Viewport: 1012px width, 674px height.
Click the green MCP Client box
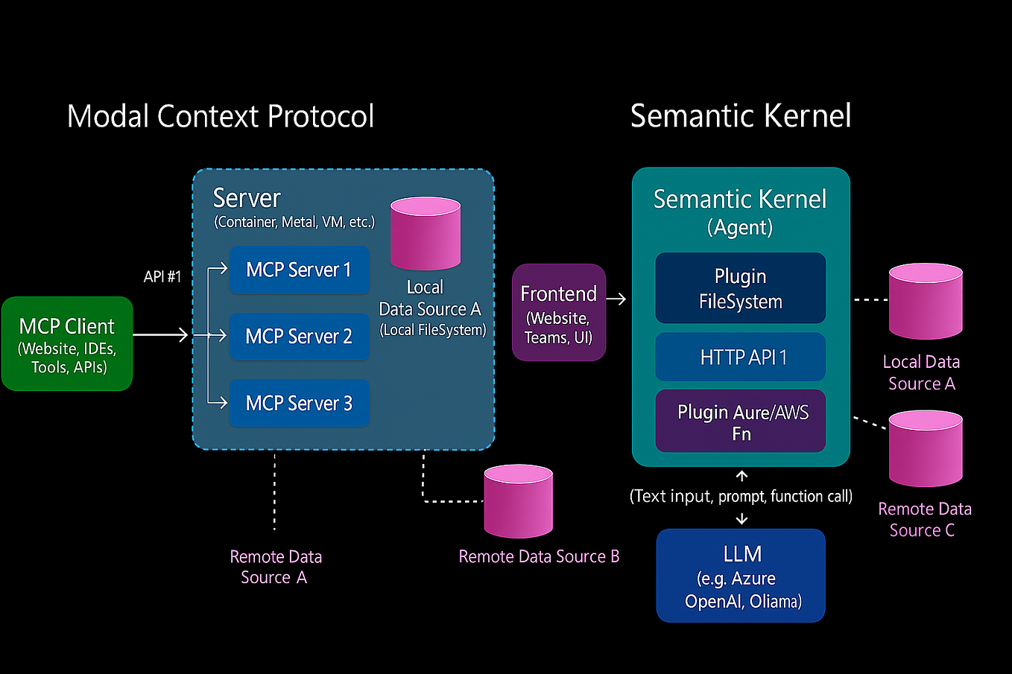tap(67, 343)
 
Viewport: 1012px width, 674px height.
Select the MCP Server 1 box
tap(299, 270)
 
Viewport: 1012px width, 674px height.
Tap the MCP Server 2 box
tap(299, 337)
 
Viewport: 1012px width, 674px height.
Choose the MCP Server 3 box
tap(299, 403)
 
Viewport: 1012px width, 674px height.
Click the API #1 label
tap(162, 276)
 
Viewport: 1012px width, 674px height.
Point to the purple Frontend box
tap(559, 312)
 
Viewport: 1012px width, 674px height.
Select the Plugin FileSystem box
tap(741, 288)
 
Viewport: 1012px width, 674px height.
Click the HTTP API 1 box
tap(741, 357)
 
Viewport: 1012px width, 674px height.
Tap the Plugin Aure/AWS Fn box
tap(741, 422)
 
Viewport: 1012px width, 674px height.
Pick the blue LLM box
tap(741, 576)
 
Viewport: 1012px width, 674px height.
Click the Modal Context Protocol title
tap(221, 116)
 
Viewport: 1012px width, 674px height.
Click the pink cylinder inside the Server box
tap(426, 233)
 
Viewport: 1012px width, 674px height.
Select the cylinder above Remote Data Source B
tap(519, 501)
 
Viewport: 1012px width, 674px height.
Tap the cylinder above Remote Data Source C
tap(926, 449)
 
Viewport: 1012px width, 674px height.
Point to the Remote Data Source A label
tap(276, 567)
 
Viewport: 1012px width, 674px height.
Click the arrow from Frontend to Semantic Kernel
tap(616, 299)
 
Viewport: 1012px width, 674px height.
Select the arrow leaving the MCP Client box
tap(160, 334)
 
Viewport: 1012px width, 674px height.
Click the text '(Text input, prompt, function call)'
tap(741, 496)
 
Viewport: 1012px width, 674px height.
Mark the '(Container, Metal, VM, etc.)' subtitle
tap(294, 222)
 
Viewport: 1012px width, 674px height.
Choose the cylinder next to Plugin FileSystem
tap(926, 302)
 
